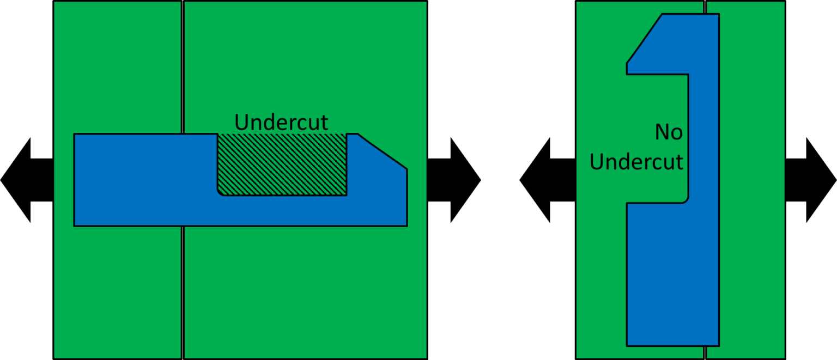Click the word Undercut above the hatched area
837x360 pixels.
point(281,121)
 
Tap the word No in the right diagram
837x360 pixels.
point(669,132)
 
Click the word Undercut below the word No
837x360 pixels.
point(636,162)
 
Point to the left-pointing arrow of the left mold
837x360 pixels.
point(25,180)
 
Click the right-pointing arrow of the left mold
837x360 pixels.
point(455,180)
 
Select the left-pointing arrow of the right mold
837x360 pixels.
point(545,180)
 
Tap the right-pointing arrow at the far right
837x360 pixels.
point(812,180)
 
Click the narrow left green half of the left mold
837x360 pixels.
point(117,283)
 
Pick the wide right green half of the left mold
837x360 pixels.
point(305,289)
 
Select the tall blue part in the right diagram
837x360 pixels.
point(673,272)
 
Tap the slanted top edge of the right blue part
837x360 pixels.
point(645,38)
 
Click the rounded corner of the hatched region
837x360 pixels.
point(221,192)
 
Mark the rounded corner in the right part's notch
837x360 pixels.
point(686,200)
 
